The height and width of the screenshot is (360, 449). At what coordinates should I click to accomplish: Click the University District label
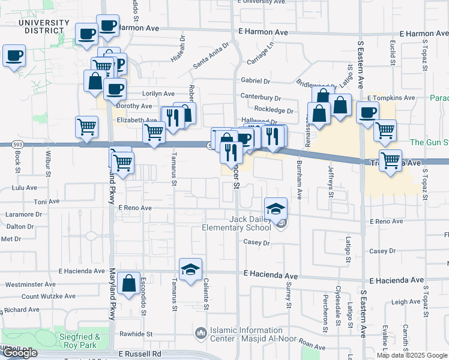[x=44, y=27]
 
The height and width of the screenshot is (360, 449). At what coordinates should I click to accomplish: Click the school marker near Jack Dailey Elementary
[x=276, y=208]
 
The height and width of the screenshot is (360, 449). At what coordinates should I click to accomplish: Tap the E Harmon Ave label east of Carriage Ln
[x=263, y=32]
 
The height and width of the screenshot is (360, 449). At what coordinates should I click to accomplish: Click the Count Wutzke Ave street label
[x=49, y=296]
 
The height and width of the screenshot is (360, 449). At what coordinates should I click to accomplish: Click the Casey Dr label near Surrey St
[x=256, y=242]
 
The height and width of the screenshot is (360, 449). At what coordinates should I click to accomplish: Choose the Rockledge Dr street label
[x=274, y=110]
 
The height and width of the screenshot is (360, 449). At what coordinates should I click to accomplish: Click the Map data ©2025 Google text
[x=412, y=355]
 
